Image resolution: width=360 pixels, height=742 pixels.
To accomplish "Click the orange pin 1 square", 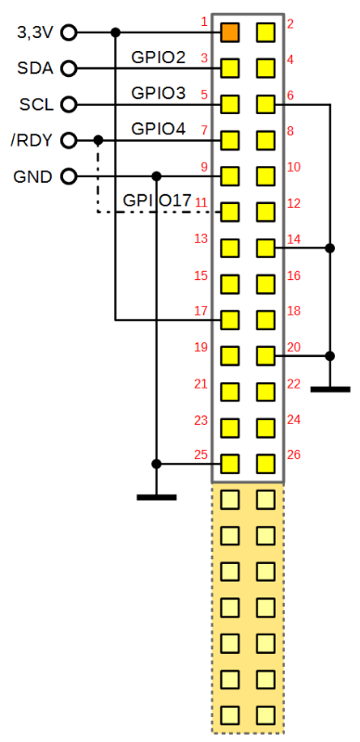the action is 230,32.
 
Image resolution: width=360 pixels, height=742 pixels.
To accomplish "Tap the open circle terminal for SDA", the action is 69,69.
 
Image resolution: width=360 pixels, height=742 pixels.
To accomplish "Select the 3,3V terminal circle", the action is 69,32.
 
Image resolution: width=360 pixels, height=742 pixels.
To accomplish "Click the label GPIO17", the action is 157,200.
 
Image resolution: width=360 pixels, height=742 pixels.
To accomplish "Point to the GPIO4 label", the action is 159,129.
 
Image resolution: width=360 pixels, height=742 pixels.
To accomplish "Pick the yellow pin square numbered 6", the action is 265,104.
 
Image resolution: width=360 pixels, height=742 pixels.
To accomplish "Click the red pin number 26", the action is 294,455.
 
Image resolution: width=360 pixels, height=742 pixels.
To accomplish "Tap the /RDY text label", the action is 31,141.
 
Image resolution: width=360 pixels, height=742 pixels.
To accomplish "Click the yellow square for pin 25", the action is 230,464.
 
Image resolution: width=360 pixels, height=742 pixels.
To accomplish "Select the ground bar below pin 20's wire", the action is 330,390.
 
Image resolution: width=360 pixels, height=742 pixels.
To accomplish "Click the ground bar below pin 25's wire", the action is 156,497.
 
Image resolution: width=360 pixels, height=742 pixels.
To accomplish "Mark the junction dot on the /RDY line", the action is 98,141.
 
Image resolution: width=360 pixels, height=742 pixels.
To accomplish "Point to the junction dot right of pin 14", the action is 330,248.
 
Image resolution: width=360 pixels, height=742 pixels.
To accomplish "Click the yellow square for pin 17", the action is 230,320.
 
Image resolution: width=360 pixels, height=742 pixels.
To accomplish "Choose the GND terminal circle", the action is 69,176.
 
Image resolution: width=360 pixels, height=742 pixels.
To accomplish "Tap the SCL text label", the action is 36,105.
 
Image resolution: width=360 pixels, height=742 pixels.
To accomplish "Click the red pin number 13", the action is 200,239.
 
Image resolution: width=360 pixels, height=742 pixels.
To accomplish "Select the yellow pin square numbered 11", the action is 230,212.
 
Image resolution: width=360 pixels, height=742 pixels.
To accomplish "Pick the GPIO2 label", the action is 159,57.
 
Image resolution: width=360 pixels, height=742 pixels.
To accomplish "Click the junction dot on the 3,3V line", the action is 115,32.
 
